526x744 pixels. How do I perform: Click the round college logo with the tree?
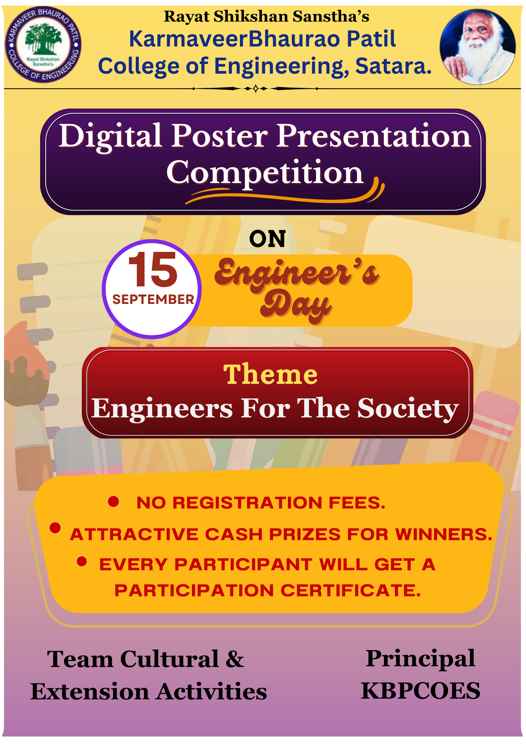43,45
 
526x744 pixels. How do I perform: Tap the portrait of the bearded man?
478,46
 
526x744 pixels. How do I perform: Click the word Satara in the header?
393,66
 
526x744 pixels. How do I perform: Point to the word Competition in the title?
264,173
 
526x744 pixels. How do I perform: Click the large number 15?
153,269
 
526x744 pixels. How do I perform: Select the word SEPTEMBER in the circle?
153,299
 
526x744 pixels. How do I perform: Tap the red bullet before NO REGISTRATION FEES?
113,501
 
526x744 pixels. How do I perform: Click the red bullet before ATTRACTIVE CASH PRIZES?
55,527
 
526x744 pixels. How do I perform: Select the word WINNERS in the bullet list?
444,534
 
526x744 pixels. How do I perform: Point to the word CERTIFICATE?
350,590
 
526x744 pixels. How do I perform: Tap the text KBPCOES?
420,691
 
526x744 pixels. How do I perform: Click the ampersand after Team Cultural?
235,659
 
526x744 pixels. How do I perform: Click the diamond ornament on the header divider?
256,89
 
